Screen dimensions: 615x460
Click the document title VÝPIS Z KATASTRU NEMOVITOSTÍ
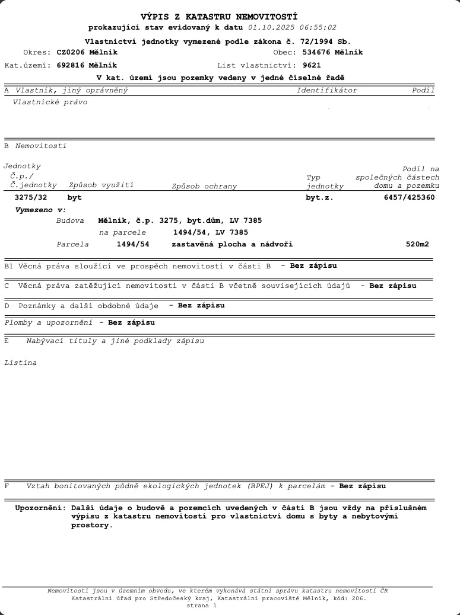(x=219, y=17)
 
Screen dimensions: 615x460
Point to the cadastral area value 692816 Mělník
(x=87, y=65)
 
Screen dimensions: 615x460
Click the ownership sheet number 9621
(x=312, y=65)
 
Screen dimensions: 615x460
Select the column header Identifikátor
(x=326, y=91)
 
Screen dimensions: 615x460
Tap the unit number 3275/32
(x=30, y=197)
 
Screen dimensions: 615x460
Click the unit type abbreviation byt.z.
(x=319, y=197)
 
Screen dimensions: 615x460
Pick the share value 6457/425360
(x=410, y=197)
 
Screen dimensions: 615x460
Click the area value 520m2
(x=417, y=244)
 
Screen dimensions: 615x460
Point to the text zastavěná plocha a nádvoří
(x=232, y=244)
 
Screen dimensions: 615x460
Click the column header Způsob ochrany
(x=204, y=186)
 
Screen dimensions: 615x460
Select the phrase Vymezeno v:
(x=40, y=210)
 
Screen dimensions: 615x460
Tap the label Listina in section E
(x=20, y=363)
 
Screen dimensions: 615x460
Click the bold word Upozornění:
(x=40, y=508)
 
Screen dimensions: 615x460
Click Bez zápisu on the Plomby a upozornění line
(x=131, y=323)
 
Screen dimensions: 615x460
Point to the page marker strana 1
(x=202, y=606)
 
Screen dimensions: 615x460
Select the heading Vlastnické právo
(x=50, y=102)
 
